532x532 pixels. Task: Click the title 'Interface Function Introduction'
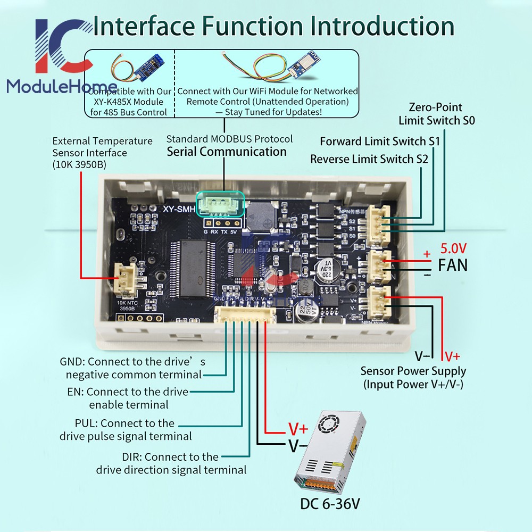click(x=274, y=27)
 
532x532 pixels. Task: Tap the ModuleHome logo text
click(x=62, y=87)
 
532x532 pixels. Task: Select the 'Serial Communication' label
click(x=227, y=152)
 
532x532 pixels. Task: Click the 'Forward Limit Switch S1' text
click(x=380, y=142)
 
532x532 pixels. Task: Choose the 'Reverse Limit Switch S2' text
click(x=369, y=159)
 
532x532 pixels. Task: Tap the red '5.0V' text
click(x=453, y=248)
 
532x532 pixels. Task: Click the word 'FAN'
click(x=453, y=265)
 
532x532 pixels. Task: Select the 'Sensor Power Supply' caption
click(x=413, y=371)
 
